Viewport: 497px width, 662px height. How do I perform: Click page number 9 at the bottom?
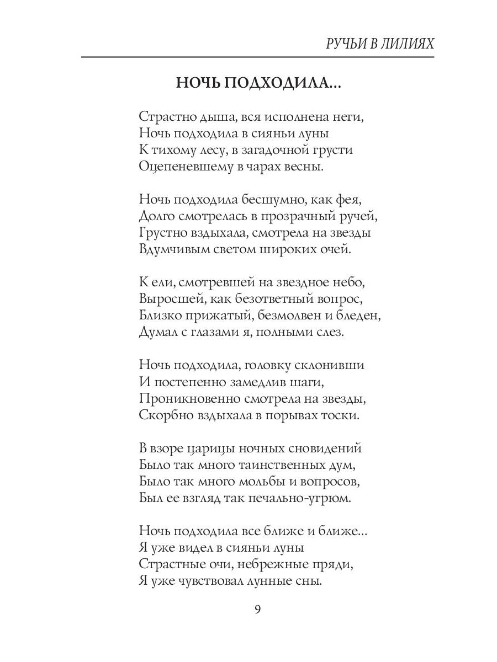pos(257,609)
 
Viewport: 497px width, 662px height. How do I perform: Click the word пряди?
pos(334,564)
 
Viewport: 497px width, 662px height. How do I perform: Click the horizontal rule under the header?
pos(257,57)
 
